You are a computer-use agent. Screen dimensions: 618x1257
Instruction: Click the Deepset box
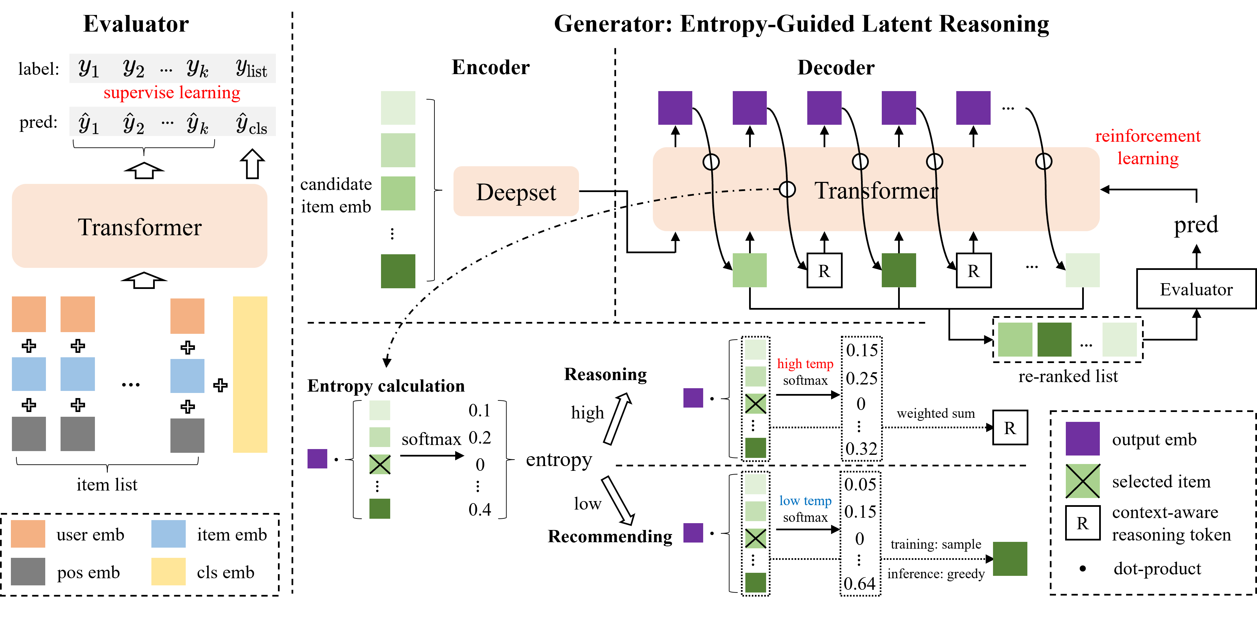(516, 191)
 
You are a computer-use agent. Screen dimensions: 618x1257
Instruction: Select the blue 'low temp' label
(805, 501)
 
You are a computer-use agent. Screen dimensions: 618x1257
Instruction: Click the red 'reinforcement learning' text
(1148, 147)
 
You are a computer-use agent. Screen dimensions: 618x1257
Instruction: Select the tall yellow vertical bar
(250, 374)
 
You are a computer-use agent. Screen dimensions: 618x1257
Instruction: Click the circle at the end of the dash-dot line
(787, 189)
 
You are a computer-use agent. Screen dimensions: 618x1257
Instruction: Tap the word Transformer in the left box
(139, 227)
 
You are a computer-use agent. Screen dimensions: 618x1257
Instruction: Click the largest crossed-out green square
(1082, 481)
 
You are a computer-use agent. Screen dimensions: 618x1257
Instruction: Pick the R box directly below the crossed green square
(1082, 523)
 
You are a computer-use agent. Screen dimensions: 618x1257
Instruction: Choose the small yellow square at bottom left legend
(168, 571)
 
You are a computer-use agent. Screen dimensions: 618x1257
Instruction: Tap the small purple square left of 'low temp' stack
(693, 533)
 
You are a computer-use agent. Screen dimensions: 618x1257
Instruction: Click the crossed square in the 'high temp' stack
(755, 404)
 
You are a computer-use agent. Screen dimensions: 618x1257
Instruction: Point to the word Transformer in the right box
(876, 191)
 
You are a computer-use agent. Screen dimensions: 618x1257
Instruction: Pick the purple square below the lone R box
(1082, 439)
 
